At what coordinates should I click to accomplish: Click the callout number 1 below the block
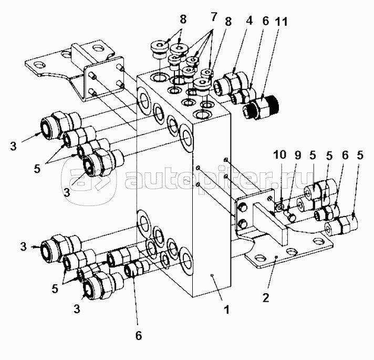click(x=226, y=310)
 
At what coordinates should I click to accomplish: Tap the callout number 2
click(x=266, y=297)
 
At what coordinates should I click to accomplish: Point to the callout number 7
click(x=213, y=17)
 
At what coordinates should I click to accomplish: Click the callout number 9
click(x=297, y=156)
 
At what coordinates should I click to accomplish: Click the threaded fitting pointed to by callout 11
click(x=261, y=107)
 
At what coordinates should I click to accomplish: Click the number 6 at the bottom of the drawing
click(x=138, y=336)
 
